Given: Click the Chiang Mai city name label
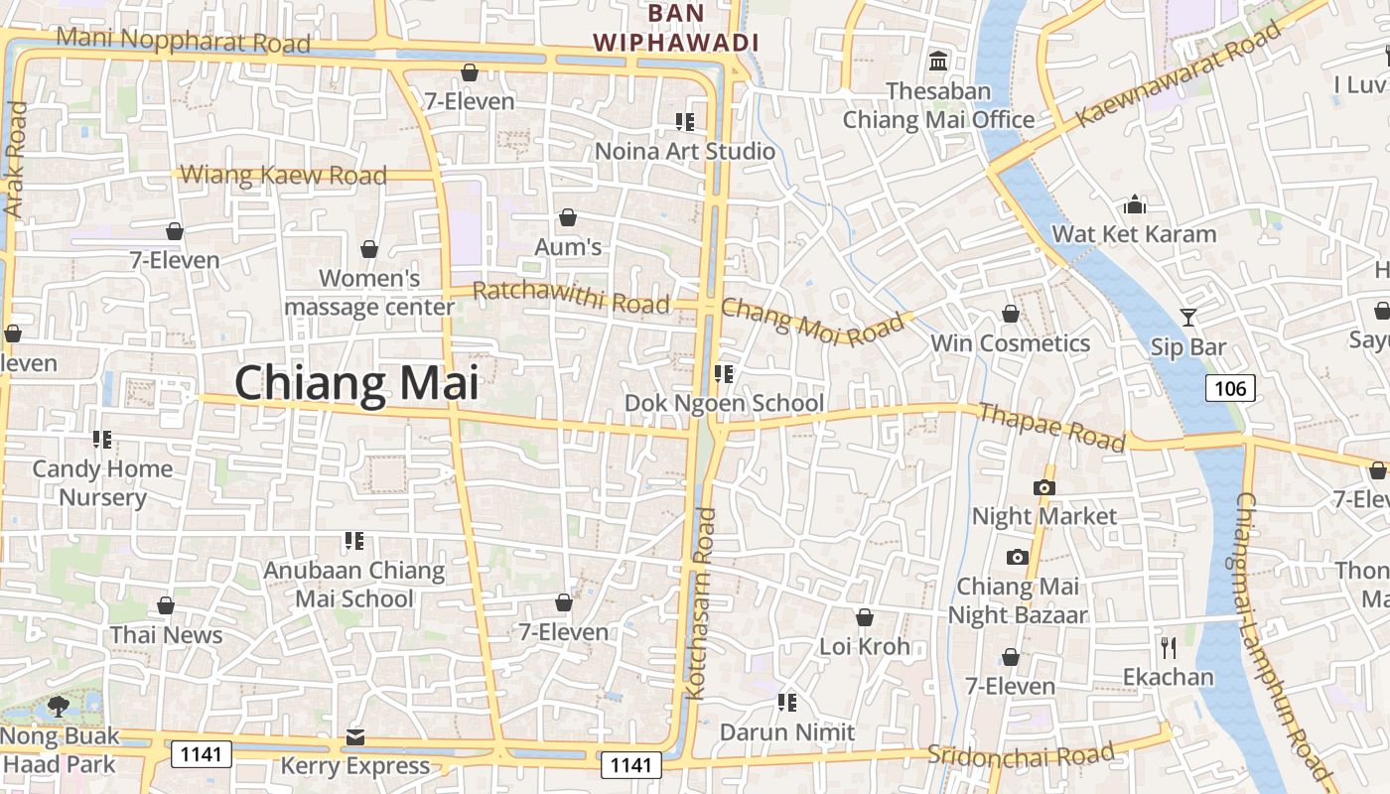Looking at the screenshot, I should pos(356,383).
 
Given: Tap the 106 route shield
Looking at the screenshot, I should pos(1230,388).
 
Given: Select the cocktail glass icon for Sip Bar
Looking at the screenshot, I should pos(1188,318).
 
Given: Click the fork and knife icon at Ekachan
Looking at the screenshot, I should pos(1169,648).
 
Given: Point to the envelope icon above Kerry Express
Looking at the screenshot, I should pos(355,737).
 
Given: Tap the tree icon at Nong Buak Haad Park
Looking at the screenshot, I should pos(59,707).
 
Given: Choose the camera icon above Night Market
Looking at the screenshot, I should pos(1043,487).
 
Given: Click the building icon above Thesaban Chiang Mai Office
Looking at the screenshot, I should pos(938,62).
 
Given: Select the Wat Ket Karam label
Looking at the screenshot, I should pos(1134,234).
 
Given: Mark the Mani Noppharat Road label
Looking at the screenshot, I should pos(184,41).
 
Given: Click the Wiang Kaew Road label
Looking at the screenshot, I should pos(284,176).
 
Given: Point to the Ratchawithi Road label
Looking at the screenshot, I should pos(571,297).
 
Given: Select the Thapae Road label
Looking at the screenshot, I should pos(1052,426).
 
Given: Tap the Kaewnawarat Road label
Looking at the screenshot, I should pos(1179,75).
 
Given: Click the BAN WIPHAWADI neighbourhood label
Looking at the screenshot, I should pos(675,28).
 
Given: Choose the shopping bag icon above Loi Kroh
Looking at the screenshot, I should pos(865,617).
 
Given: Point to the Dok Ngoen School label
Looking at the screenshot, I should pos(724,403).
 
